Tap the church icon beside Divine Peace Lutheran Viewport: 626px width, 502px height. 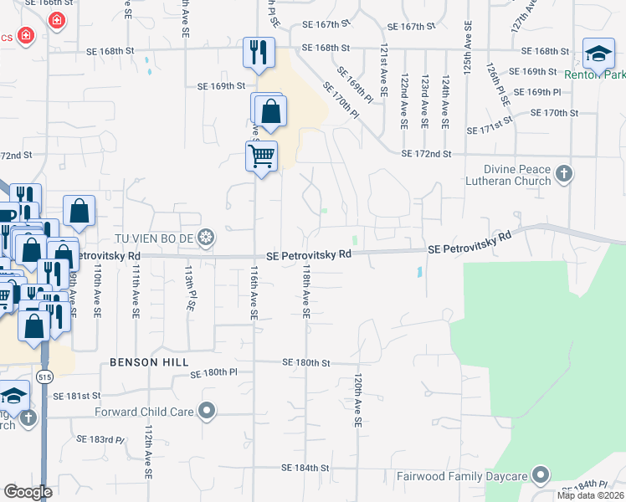pos(564,174)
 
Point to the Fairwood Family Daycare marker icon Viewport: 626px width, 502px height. pos(541,476)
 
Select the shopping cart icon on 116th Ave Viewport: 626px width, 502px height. pos(261,155)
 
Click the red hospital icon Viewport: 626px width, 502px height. pos(56,19)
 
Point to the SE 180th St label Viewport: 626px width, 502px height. pos(307,362)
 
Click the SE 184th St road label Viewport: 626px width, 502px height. pos(306,467)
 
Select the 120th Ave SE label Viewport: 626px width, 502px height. pos(357,402)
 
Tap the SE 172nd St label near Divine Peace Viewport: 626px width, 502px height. pos(426,154)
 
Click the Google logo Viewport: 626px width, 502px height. pos(28,492)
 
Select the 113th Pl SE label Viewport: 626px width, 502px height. pos(188,289)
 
